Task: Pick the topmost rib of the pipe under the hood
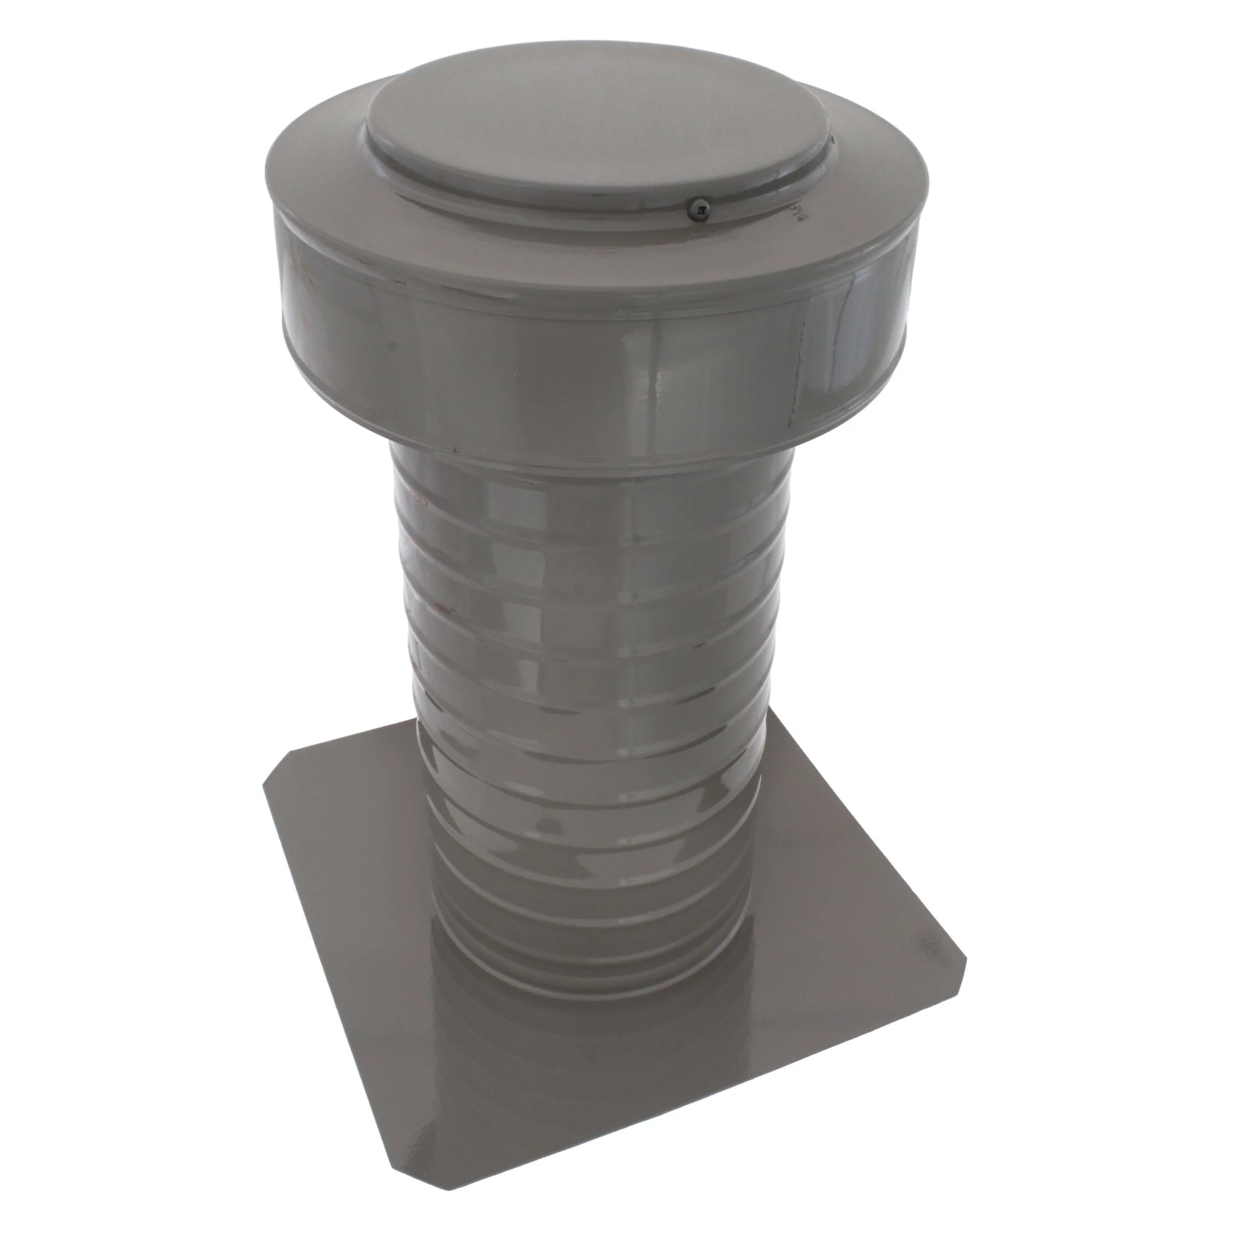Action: tap(574, 491)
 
